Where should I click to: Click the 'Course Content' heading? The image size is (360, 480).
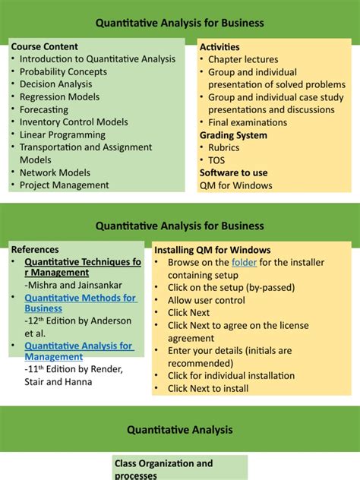coord(45,46)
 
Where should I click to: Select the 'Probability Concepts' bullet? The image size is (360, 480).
coord(63,71)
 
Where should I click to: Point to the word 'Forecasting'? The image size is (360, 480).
coord(45,109)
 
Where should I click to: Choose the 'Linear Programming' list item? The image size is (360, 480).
coord(62,134)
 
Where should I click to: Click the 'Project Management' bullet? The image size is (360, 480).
coord(64,185)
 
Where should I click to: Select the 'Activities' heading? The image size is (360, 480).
coord(219,47)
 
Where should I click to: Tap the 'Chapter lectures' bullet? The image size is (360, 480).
coord(243,59)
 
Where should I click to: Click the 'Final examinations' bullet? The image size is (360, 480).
coord(248,122)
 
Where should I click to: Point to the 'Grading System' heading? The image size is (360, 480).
coord(233,135)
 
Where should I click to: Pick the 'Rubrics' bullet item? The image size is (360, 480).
coord(225,147)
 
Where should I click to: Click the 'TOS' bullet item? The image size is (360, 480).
coord(216,160)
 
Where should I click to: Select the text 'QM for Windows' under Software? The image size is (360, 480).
coord(235,185)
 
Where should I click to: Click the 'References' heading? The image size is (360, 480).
coord(35,249)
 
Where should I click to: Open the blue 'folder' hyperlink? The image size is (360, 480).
coord(245,263)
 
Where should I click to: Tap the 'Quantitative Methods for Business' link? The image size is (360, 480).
coord(80,304)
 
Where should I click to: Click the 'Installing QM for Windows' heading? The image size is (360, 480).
coord(212,250)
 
